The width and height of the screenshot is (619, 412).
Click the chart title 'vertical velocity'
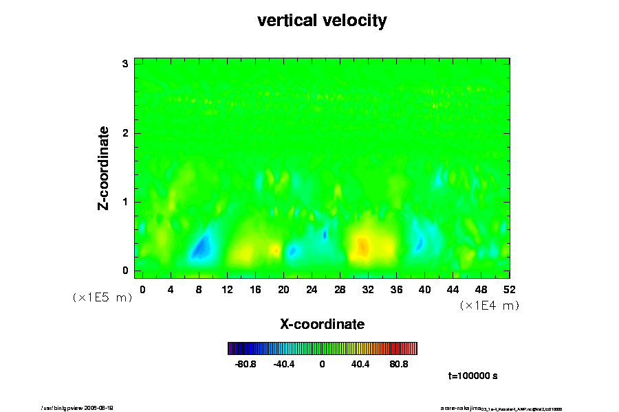coord(322,21)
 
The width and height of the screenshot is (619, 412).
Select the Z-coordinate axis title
coord(105,168)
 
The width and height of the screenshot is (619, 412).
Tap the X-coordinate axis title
coord(322,323)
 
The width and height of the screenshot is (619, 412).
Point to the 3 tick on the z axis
coord(126,64)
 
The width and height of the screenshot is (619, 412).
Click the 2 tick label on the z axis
coord(126,133)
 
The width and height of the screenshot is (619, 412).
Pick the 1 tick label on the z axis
coord(126,202)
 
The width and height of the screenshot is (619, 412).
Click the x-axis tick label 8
coord(199,289)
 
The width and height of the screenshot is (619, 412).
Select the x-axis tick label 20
coord(283,289)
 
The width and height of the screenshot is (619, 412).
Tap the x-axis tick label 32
coord(368,289)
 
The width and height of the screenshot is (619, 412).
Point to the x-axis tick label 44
coord(453,289)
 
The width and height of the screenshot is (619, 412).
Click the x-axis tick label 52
coord(509,289)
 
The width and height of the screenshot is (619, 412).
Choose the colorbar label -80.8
coord(246,364)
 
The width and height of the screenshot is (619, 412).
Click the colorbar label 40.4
coord(360,364)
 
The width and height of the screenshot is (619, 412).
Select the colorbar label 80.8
coord(399,364)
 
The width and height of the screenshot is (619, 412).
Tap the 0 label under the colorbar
coord(322,364)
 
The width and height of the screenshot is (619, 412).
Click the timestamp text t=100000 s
coord(473,376)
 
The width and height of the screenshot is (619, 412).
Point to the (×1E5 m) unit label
coord(102,297)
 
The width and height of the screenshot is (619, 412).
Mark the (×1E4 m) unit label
coord(489,306)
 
